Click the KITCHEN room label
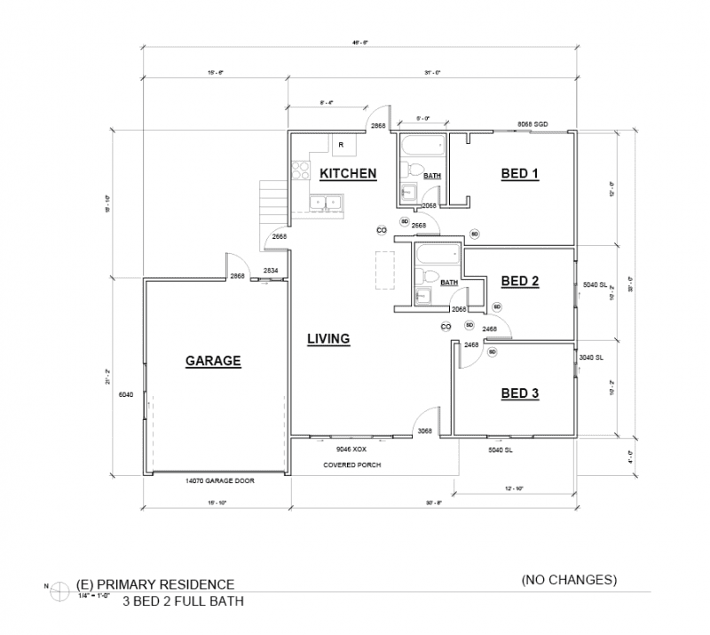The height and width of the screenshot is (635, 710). tap(348, 173)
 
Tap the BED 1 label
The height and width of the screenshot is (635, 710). tap(521, 173)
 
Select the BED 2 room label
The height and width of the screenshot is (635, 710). tap(521, 282)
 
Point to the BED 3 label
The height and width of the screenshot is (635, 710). tap(521, 393)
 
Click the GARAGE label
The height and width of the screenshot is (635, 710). tap(213, 361)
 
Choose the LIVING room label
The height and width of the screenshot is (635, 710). tap(328, 338)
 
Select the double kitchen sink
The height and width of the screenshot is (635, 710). tap(326, 204)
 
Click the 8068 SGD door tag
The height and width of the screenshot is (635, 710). tap(532, 126)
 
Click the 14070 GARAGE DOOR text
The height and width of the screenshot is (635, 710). tap(217, 480)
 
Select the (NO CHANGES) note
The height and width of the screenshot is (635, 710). tap(569, 581)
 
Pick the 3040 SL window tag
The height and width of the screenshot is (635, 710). tap(591, 358)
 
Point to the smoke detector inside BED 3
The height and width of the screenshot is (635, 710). tap(492, 352)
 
